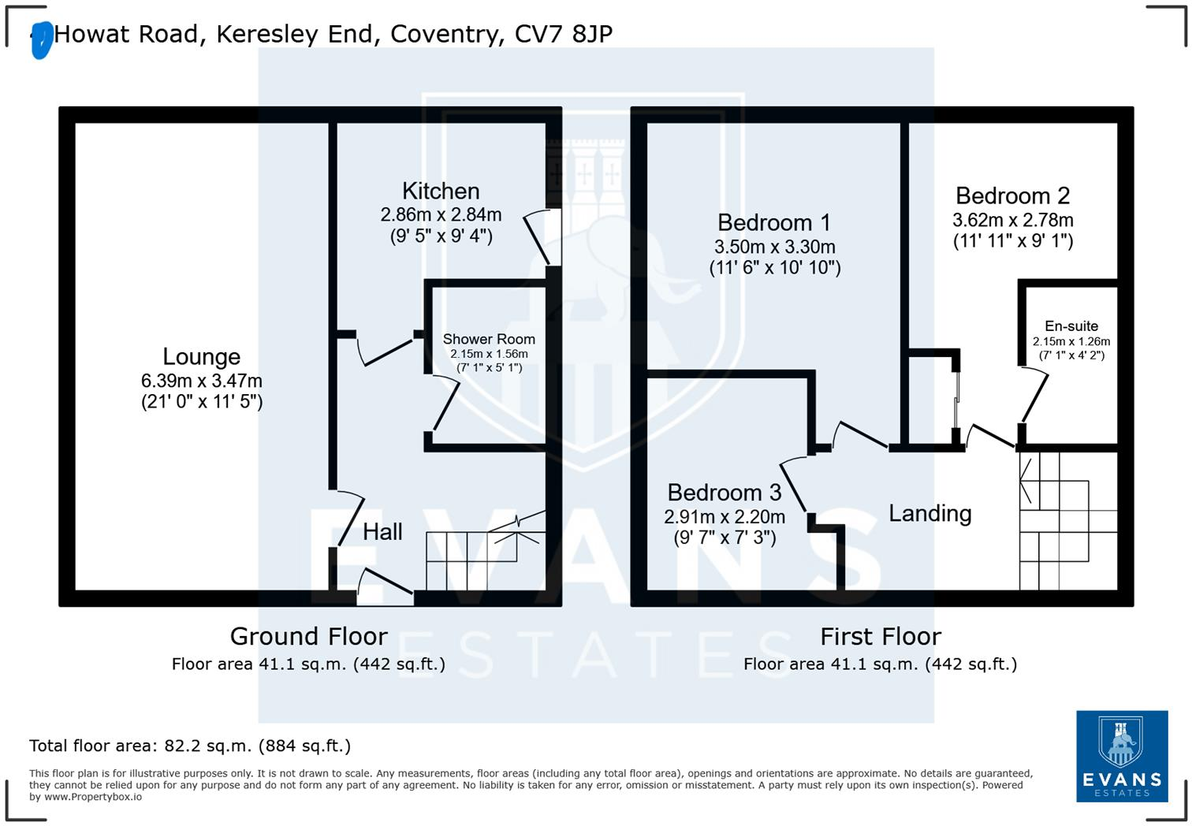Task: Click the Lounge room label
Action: coord(201,357)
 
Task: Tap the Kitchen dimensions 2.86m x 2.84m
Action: coord(441,214)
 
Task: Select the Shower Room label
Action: coord(489,339)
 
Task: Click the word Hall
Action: coord(382,532)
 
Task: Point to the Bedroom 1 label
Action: coord(774,222)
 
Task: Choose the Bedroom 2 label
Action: coord(1012,195)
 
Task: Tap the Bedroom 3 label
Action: coord(724,493)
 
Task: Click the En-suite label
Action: coord(1071,326)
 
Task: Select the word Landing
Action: coord(929,514)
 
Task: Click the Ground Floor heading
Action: coord(308,636)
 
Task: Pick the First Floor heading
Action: coord(880,636)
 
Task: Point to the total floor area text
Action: coord(190,746)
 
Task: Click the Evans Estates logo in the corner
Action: coord(1122,756)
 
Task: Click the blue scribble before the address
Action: coord(41,40)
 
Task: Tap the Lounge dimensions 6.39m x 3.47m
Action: coord(202,381)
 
